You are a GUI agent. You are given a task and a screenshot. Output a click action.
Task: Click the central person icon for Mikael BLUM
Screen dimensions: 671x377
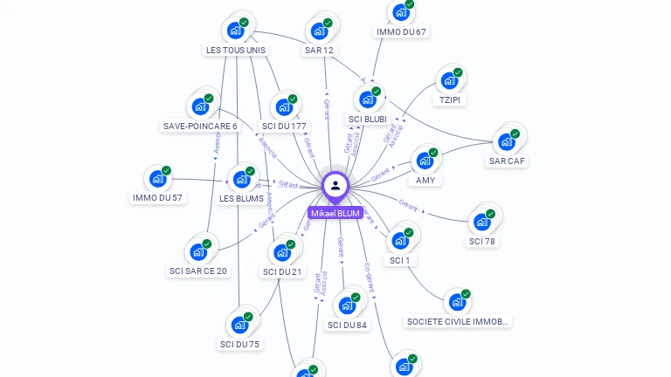tap(335, 186)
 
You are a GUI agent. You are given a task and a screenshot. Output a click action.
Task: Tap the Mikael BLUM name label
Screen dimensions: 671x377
tap(335, 213)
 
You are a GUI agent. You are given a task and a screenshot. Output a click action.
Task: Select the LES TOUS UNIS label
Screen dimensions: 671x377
tap(236, 51)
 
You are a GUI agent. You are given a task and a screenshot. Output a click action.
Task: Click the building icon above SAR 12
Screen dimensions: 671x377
tap(320, 31)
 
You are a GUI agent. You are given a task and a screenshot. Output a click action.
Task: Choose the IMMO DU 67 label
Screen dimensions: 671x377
tap(401, 32)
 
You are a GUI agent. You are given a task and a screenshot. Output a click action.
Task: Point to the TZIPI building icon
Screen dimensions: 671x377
tap(450, 80)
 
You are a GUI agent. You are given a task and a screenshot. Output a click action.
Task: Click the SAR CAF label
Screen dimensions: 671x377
tap(508, 161)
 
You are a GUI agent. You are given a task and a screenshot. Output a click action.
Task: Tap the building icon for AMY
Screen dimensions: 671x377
tap(425, 161)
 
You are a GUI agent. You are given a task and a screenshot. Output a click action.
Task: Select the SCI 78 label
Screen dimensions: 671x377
tap(481, 241)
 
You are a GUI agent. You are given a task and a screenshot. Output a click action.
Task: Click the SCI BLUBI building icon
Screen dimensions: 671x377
tap(368, 99)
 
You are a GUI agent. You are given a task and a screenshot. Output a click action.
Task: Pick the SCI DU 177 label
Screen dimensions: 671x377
tap(284, 127)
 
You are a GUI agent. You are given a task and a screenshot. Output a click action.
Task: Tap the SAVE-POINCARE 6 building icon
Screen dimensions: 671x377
tap(201, 106)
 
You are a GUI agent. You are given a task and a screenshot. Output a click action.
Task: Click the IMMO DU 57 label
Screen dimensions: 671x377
tap(158, 198)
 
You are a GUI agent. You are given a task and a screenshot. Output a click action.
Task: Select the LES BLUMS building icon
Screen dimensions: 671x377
tap(241, 180)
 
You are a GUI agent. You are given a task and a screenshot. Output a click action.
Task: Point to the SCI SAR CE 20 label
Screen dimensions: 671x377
tap(198, 271)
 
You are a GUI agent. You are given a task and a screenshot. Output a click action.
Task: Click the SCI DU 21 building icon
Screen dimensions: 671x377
tap(282, 252)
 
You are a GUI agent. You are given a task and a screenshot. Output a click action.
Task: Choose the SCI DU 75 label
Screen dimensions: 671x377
tap(240, 344)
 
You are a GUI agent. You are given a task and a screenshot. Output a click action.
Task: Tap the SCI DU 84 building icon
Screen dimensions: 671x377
tap(347, 305)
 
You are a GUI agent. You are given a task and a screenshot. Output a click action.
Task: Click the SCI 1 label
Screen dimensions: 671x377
tap(399, 260)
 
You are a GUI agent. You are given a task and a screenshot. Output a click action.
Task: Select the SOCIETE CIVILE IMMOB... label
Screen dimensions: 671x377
tap(457, 321)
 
